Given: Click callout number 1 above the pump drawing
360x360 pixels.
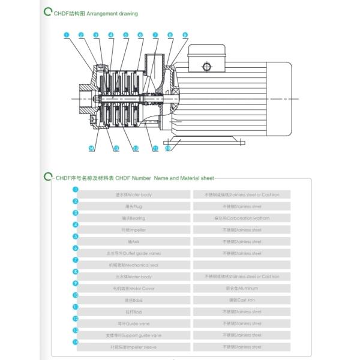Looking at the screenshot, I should pyautogui.click(x=66, y=35).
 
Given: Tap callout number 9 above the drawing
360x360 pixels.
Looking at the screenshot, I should pyautogui.click(x=185, y=35).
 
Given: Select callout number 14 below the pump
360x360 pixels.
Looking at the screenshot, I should pyautogui.click(x=92, y=148).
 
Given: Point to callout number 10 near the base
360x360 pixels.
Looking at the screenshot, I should pyautogui.click(x=167, y=148).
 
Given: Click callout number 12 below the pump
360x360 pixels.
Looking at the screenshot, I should pyautogui.click(x=136, y=148).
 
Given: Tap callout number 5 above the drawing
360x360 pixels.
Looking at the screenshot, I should pyautogui.click(x=125, y=35).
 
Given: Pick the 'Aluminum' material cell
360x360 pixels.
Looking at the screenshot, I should pyautogui.click(x=242, y=289).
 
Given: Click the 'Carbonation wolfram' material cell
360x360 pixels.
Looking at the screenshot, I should pyautogui.click(x=242, y=218).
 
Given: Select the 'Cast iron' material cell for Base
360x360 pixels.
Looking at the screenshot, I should pyautogui.click(x=242, y=300).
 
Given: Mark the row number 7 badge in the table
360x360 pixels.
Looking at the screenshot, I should pyautogui.click(x=76, y=260).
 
